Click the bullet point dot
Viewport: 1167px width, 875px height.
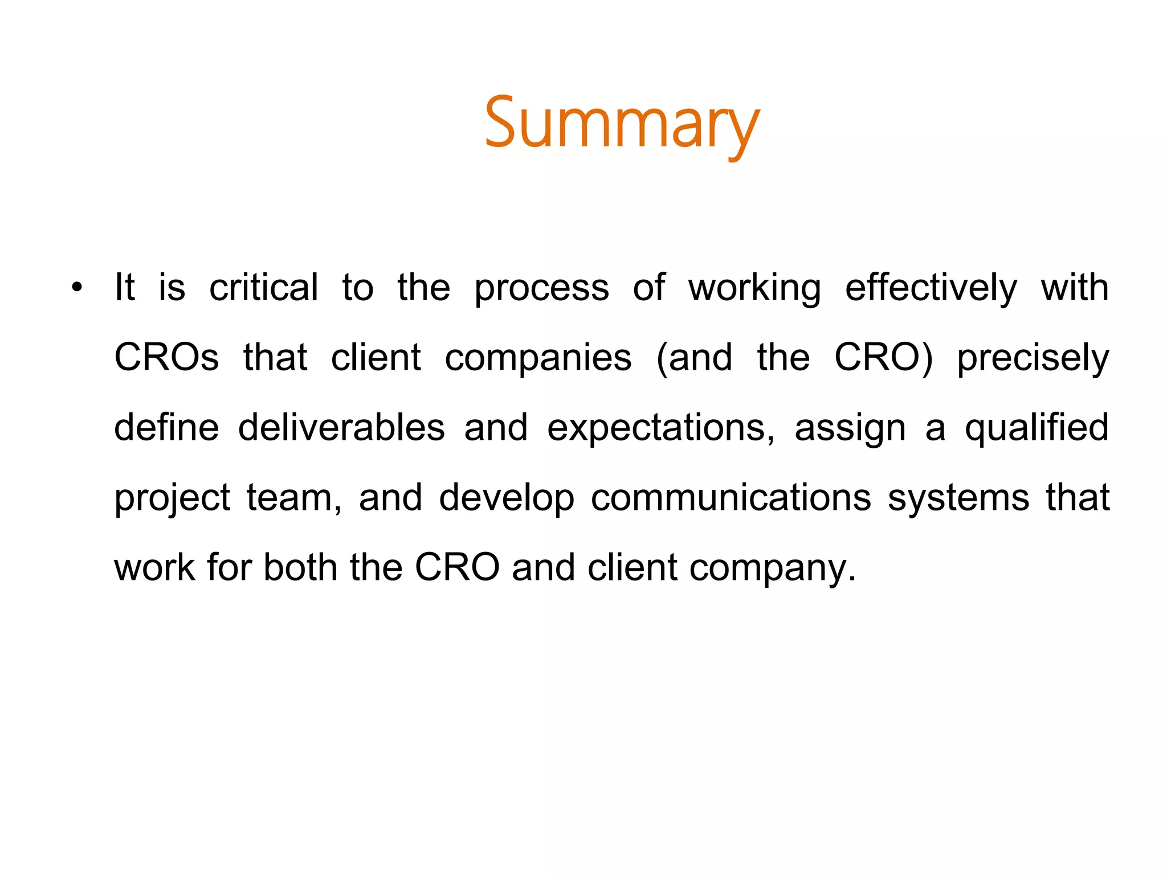coord(77,288)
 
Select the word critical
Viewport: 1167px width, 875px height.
coord(263,288)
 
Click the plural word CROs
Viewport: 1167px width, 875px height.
coord(166,358)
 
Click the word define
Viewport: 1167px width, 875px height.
coord(166,428)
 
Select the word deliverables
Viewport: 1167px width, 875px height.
coord(341,428)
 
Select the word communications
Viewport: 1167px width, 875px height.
coord(731,498)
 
